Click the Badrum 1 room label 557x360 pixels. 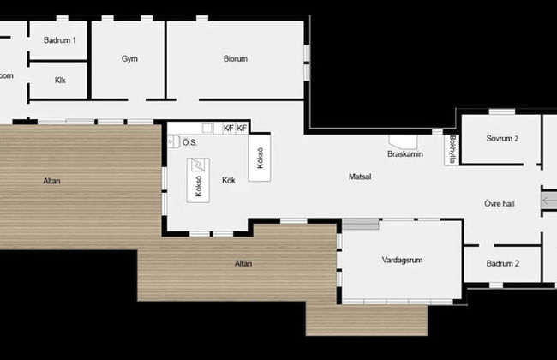point(60,39)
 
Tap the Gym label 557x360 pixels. point(129,59)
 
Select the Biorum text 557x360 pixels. point(236,59)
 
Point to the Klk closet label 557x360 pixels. point(60,81)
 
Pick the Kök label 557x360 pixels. point(229,180)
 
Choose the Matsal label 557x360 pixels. point(360,177)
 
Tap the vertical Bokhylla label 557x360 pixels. point(452,147)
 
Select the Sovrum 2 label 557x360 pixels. point(501,139)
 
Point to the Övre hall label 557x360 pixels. point(498,204)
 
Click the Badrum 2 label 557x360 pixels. point(503,264)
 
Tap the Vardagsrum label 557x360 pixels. point(403,260)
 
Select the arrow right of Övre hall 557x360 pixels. point(548,200)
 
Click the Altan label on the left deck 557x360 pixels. point(51,181)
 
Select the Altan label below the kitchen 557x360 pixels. point(243,263)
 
